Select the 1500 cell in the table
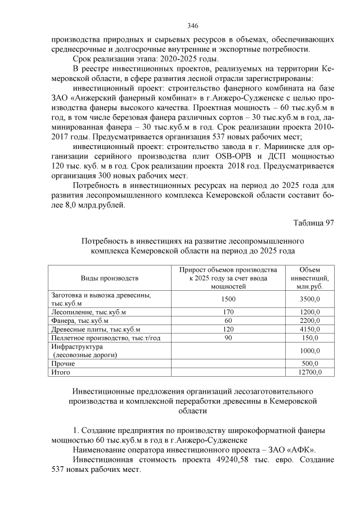228,299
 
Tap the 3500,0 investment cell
309,299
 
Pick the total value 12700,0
308,372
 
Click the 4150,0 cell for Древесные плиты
309,329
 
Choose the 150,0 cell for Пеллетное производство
310,337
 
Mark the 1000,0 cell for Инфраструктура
309,351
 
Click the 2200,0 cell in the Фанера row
309,321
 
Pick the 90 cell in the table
228,337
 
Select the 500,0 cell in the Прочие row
310,363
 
